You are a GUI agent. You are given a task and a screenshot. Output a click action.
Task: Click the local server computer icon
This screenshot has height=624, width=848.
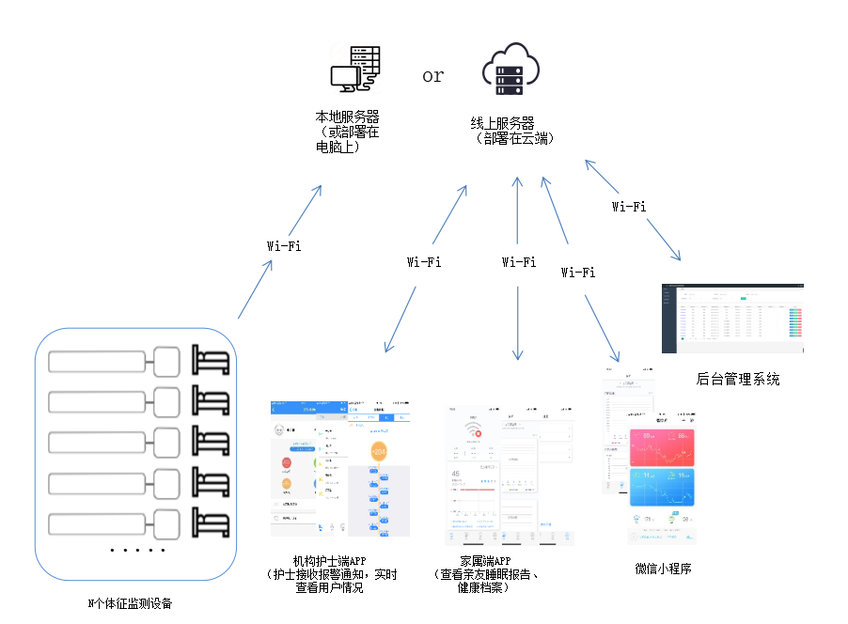point(354,70)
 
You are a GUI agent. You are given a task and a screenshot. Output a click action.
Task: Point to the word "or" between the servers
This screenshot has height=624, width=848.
point(432,76)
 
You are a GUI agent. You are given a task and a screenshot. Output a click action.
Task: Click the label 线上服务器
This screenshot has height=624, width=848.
point(503,124)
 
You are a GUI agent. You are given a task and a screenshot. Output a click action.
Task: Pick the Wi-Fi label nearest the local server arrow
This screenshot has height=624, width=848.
point(284,246)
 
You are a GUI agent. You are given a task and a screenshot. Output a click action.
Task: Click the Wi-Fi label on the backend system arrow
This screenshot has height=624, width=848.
point(628,206)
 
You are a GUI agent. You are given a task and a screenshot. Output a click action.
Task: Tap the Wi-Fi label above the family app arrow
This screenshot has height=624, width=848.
point(519,262)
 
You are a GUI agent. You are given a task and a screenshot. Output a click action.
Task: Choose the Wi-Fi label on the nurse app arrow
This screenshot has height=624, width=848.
point(423,262)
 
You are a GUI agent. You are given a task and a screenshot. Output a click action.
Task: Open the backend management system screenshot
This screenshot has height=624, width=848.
point(733,317)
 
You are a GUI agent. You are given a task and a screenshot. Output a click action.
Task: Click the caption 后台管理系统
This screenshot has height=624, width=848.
point(738,380)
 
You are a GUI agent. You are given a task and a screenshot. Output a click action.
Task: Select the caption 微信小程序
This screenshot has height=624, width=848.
point(664,569)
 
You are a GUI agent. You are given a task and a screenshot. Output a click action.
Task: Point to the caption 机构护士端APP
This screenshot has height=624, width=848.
point(330,561)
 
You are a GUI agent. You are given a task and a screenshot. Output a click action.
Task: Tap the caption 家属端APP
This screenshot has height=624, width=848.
point(486,561)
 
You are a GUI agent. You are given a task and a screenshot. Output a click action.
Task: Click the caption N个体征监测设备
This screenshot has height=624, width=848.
point(131,603)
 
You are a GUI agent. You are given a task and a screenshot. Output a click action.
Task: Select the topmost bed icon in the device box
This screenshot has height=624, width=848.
point(212,361)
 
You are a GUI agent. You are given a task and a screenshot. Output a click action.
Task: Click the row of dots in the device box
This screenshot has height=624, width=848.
point(137,550)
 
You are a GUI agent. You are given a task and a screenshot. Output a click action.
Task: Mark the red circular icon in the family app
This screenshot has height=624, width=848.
point(478,434)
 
